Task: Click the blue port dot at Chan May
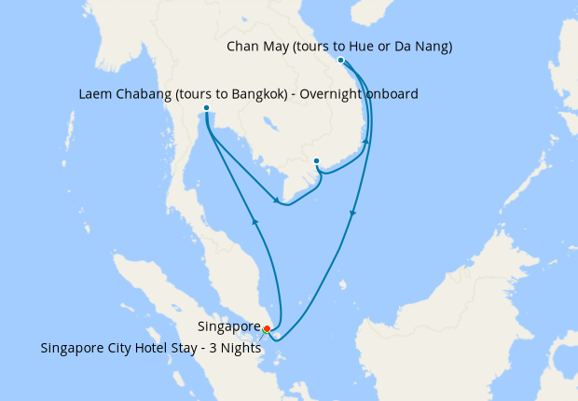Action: point(341,61)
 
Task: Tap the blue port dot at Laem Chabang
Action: point(206,108)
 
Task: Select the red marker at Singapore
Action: point(267,328)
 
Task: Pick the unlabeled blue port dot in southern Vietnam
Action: point(317,160)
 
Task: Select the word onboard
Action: point(392,94)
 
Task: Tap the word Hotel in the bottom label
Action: point(151,349)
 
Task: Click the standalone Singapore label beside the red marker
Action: point(228,327)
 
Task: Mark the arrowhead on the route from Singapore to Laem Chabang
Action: point(254,221)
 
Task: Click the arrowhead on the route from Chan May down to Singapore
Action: point(352,214)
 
